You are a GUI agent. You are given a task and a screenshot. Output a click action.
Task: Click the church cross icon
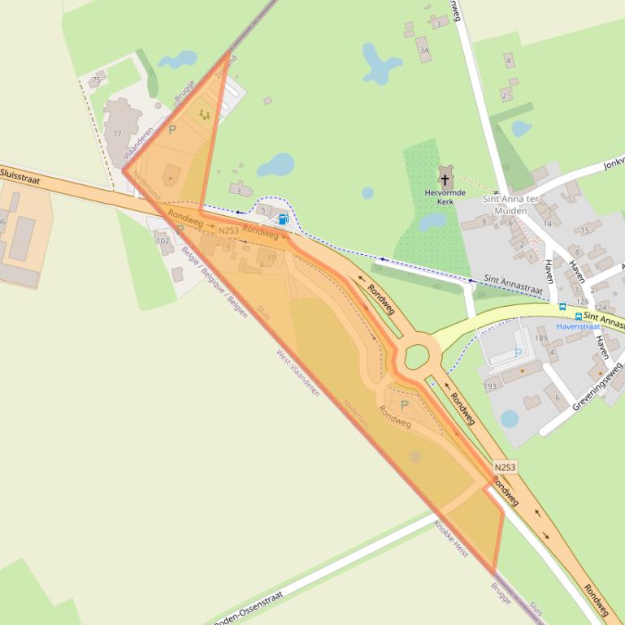pos(445,179)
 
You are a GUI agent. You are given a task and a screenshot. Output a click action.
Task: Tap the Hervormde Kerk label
pos(445,196)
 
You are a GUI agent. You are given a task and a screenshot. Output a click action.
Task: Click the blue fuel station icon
pos(283,219)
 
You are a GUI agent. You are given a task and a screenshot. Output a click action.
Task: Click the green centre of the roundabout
pos(417,355)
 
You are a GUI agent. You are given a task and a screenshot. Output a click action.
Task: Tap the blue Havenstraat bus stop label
pos(578,326)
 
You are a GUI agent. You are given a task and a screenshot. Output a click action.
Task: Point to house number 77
pos(117,134)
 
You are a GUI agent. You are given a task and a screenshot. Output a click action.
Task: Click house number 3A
pos(423,50)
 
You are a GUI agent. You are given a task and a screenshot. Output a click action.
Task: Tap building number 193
pos(490,386)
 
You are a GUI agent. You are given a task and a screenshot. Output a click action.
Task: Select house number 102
pos(162,241)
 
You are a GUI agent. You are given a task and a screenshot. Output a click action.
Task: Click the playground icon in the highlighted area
pos(204,115)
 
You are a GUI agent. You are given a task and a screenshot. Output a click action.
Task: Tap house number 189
pos(541,338)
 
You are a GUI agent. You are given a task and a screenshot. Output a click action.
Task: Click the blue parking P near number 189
pos(518,353)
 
